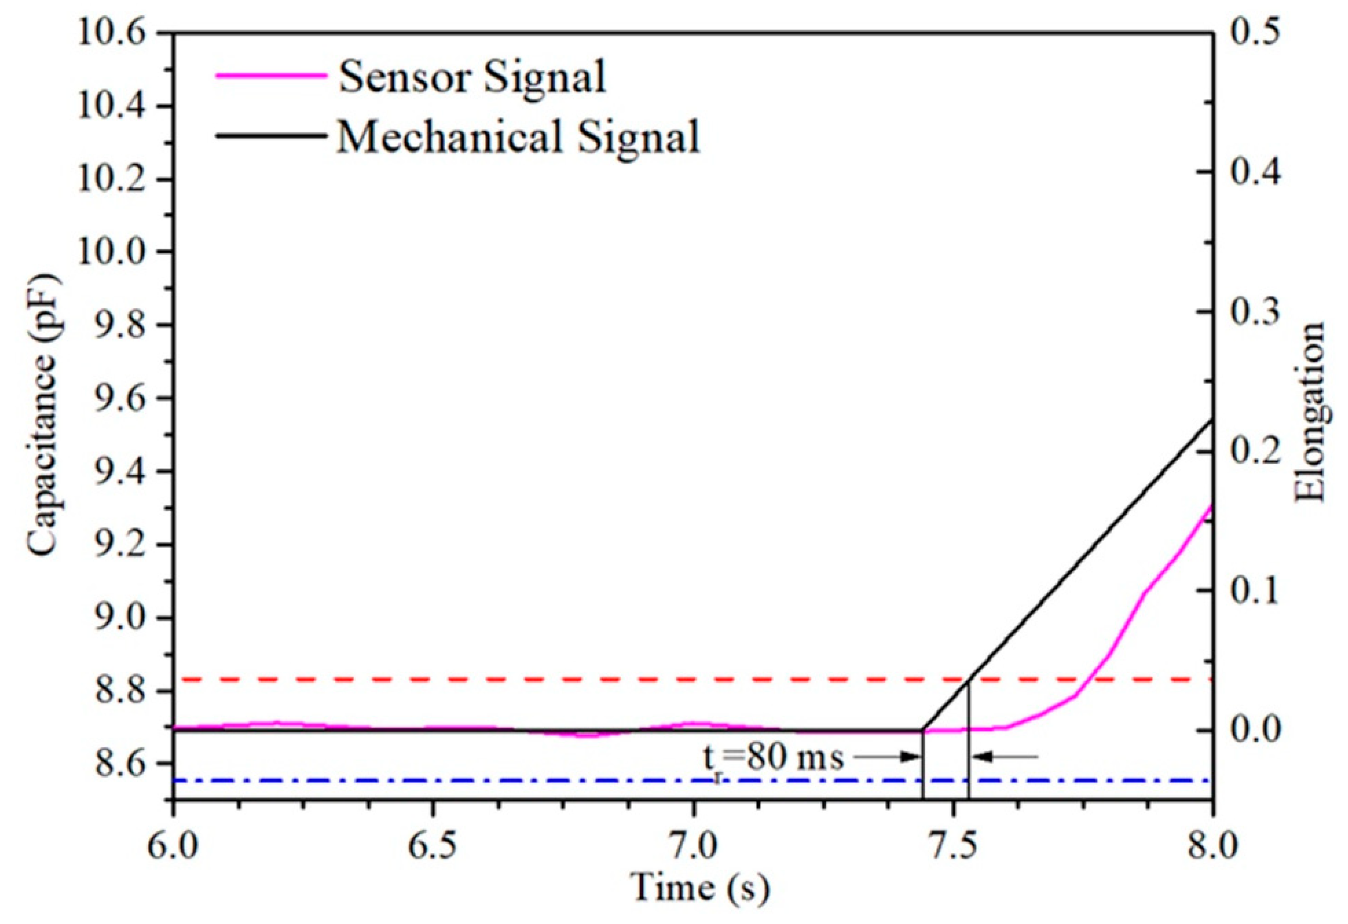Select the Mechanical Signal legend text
tap(518, 137)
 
